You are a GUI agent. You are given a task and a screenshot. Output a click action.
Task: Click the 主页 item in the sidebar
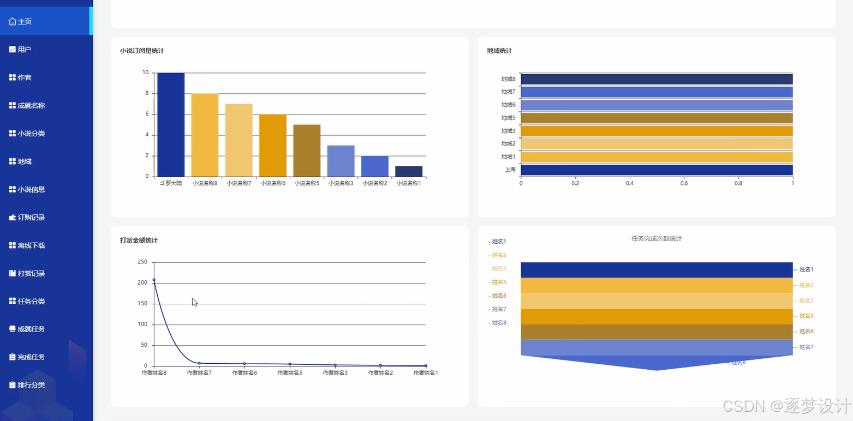(20, 21)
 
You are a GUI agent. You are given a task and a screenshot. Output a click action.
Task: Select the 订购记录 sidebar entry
(27, 218)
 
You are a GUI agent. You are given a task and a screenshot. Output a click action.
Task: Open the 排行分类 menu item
(27, 385)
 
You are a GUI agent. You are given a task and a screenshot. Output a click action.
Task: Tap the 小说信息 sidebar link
(27, 189)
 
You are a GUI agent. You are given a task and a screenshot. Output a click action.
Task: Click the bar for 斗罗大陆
(171, 124)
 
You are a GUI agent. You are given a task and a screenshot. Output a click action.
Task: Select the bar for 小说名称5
(307, 151)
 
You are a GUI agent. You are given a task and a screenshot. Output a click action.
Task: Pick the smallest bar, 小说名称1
(409, 171)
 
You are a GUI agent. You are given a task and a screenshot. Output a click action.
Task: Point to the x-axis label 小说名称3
(341, 183)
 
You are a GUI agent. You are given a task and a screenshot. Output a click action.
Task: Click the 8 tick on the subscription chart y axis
(147, 93)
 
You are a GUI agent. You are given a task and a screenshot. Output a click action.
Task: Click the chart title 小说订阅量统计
(142, 51)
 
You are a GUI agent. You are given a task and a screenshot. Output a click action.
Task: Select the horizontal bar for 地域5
(657, 118)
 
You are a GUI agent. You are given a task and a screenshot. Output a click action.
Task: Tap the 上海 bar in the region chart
(657, 170)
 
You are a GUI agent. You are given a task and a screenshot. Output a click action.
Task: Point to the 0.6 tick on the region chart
(684, 183)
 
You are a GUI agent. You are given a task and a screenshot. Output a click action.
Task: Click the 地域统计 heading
(499, 51)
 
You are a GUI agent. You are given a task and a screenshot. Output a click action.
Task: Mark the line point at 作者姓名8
(154, 280)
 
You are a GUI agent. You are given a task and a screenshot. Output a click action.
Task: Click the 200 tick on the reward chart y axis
(142, 282)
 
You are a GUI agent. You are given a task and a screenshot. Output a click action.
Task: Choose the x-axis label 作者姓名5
(290, 372)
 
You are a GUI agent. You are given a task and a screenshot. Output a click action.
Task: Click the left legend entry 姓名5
(499, 282)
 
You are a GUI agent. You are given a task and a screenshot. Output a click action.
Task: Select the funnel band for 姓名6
(657, 332)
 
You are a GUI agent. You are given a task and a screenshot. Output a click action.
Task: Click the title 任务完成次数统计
(657, 239)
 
